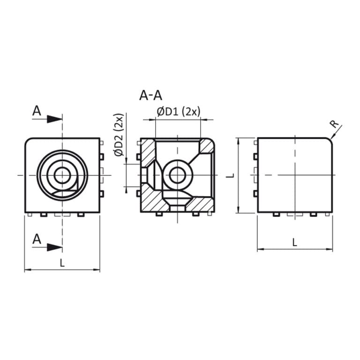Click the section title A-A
pos(150,96)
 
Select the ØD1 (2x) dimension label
pos(179,112)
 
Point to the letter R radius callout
pos(333,124)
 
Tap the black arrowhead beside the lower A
pos(55,247)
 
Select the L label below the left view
pos(62,263)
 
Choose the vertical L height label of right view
pos(229,175)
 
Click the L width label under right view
pos(294,242)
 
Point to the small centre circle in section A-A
pos(177,176)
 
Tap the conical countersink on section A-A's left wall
pos(151,176)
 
